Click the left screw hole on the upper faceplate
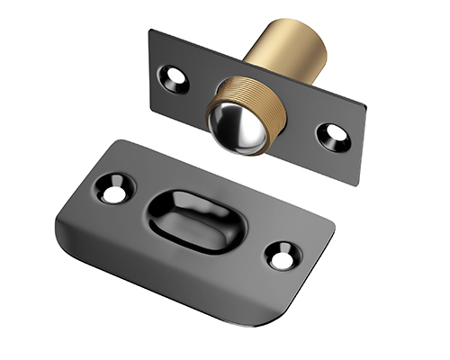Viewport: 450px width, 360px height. point(173,78)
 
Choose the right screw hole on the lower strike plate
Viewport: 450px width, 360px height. point(281,258)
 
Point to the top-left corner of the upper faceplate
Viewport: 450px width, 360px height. point(151,31)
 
